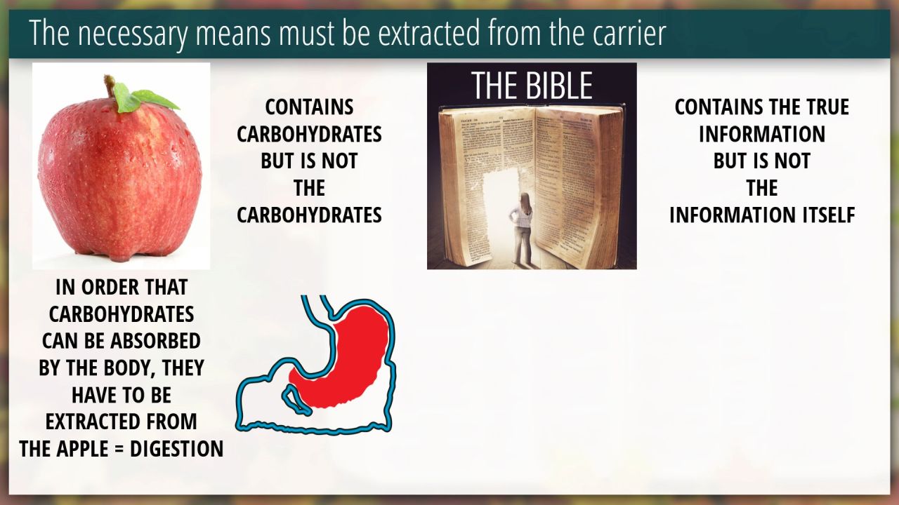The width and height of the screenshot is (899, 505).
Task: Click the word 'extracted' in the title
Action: click(428, 33)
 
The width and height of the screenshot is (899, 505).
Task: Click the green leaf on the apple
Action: click(144, 97)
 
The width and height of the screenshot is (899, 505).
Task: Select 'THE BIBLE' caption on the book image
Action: click(532, 86)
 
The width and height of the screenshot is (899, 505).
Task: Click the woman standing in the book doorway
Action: click(522, 229)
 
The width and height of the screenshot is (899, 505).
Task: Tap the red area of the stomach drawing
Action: click(345, 357)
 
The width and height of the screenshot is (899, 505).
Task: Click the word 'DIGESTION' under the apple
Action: click(176, 448)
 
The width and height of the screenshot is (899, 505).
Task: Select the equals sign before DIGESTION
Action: click(119, 450)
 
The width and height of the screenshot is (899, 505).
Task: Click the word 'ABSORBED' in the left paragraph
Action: click(155, 341)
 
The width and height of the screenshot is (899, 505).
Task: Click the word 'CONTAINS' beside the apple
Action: click(309, 107)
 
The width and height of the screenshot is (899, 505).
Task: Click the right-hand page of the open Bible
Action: click(578, 184)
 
